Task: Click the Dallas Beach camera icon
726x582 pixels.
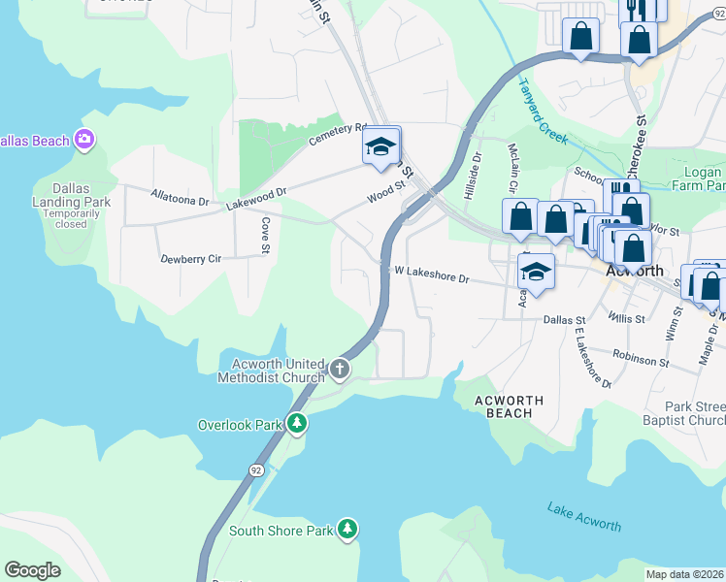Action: pyautogui.click(x=84, y=141)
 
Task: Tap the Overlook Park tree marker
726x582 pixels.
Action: pyautogui.click(x=297, y=425)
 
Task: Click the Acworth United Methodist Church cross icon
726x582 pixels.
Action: pyautogui.click(x=340, y=369)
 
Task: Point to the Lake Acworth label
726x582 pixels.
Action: pyautogui.click(x=583, y=516)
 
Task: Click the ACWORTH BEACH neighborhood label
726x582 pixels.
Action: pyautogui.click(x=509, y=406)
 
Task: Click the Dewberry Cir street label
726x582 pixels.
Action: pyautogui.click(x=191, y=259)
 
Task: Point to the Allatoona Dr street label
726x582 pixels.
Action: pyautogui.click(x=180, y=198)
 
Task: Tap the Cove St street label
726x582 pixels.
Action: pyautogui.click(x=265, y=234)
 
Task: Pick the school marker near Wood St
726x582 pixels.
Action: pyautogui.click(x=381, y=148)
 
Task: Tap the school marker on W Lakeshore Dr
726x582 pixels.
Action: pyautogui.click(x=535, y=273)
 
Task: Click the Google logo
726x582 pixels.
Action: pyautogui.click(x=32, y=569)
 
